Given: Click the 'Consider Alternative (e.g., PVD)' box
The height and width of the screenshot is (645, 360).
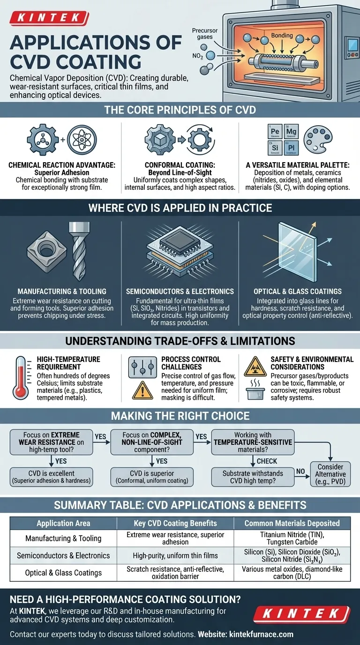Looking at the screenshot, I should [x=330, y=474].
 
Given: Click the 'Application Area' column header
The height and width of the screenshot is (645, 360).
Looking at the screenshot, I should [x=63, y=523].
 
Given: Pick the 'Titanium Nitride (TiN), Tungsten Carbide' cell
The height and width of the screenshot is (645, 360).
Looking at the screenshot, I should [x=293, y=538].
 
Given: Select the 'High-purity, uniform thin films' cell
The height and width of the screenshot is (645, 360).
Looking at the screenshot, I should [x=182, y=555].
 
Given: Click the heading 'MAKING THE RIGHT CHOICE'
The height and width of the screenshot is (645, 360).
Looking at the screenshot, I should [x=180, y=416].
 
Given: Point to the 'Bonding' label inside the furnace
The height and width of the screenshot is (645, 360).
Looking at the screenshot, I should [x=282, y=35].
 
